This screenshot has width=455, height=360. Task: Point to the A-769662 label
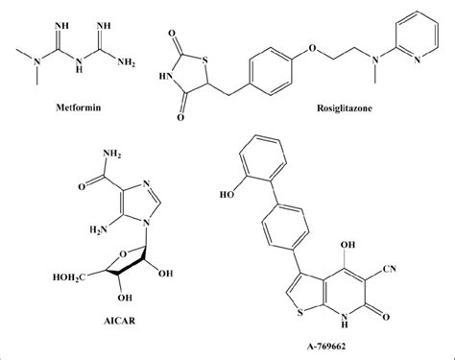[x=333, y=347]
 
